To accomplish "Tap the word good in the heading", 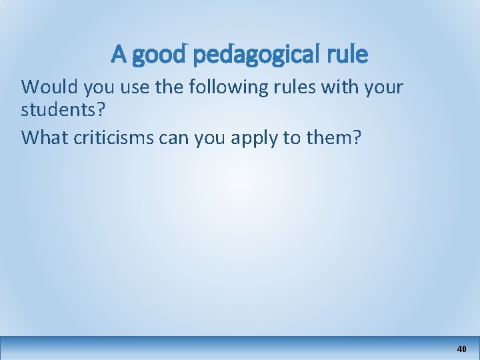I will point(159,55).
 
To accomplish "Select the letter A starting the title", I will point(119,54).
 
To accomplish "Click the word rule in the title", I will point(346,54).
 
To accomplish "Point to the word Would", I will point(46,87).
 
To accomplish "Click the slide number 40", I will point(461,349).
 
